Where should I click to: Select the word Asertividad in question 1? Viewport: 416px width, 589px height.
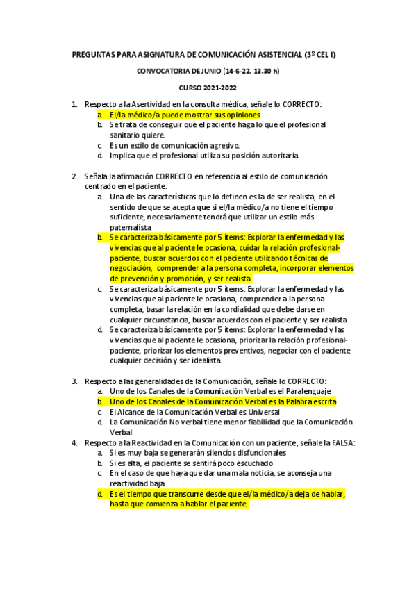(x=153, y=104)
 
